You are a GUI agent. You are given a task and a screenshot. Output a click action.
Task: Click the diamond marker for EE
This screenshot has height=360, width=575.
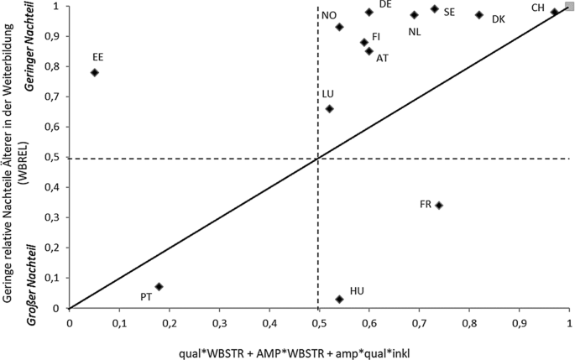click(x=95, y=72)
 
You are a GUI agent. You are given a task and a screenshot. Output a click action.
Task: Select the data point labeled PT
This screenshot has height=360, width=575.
click(x=159, y=286)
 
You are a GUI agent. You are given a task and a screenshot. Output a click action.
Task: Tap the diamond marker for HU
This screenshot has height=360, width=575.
click(x=339, y=299)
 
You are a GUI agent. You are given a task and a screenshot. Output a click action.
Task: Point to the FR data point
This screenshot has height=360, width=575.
click(x=439, y=206)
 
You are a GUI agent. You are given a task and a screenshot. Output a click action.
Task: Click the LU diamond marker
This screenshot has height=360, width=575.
click(x=329, y=108)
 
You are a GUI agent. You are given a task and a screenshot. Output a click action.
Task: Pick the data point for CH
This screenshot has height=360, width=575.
click(x=554, y=12)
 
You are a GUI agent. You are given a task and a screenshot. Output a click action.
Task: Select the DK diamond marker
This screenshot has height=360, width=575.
click(x=479, y=15)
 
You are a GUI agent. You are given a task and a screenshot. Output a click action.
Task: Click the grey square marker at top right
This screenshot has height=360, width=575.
click(x=569, y=6)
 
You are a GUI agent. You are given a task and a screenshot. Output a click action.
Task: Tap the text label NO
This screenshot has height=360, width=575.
click(x=329, y=15)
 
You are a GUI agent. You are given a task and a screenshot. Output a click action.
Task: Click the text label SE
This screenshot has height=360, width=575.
click(x=449, y=12)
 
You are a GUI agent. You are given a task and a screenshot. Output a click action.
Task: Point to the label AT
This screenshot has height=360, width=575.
click(x=382, y=58)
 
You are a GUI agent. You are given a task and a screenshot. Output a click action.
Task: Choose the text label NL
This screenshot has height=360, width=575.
click(x=415, y=32)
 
